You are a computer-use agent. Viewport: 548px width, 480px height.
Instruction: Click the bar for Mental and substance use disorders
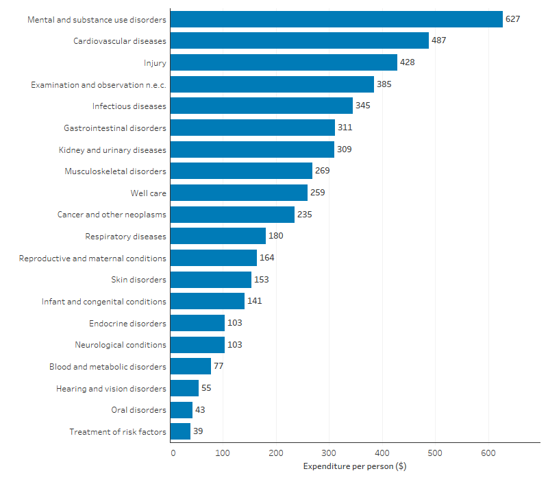336,19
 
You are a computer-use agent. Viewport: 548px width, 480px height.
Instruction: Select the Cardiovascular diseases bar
299,41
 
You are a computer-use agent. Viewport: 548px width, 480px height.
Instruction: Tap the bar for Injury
284,62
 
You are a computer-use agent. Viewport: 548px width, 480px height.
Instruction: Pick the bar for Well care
239,193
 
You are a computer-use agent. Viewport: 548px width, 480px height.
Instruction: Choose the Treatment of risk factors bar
180,431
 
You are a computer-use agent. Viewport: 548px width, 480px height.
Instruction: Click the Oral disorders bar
182,410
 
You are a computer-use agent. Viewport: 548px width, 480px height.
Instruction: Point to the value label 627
513,19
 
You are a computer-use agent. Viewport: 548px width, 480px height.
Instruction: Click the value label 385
384,84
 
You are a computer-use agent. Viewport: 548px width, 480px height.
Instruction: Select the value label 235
305,215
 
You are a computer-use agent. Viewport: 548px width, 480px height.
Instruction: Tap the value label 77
219,366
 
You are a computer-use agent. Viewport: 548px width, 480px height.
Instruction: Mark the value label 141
255,301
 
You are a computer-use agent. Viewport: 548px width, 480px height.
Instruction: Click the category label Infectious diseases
129,106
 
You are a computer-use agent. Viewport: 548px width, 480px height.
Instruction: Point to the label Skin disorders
138,280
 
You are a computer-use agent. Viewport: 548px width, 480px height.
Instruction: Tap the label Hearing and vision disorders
111,388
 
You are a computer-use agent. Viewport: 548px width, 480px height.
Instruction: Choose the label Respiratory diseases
125,237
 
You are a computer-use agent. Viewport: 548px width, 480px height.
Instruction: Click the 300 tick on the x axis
329,453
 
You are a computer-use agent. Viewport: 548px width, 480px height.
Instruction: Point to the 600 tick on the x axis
488,453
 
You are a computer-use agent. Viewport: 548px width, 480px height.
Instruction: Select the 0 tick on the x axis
173,453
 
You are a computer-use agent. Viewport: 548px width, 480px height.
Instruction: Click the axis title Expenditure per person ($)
354,467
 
